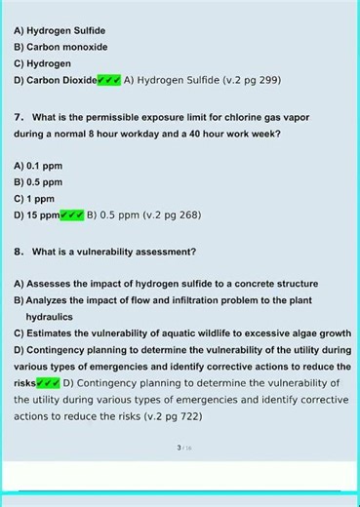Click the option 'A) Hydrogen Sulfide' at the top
[x=60, y=31]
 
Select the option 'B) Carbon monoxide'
[x=60, y=47]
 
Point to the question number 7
[x=19, y=116]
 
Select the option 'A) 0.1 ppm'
[x=38, y=166]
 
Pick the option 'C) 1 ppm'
[x=35, y=198]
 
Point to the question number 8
[x=19, y=251]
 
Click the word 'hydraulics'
[x=50, y=317]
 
